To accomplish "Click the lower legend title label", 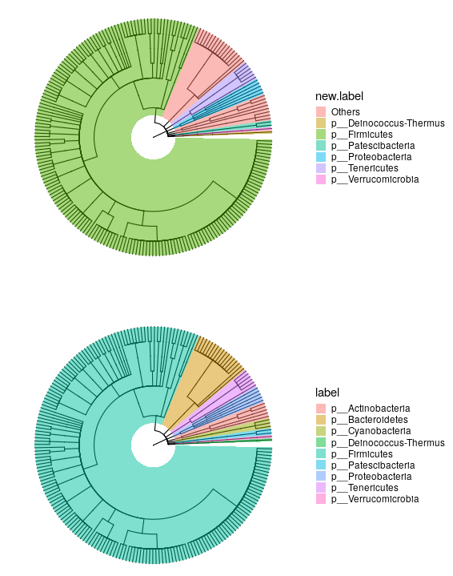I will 327,393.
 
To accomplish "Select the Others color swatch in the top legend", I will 322,112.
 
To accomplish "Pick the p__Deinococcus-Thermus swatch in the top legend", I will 322,123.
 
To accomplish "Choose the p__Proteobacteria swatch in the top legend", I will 322,157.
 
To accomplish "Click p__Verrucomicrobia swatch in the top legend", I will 322,179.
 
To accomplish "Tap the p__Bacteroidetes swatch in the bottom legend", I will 322,421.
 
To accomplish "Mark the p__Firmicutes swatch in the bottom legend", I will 322,454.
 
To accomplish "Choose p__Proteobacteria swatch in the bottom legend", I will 322,477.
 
